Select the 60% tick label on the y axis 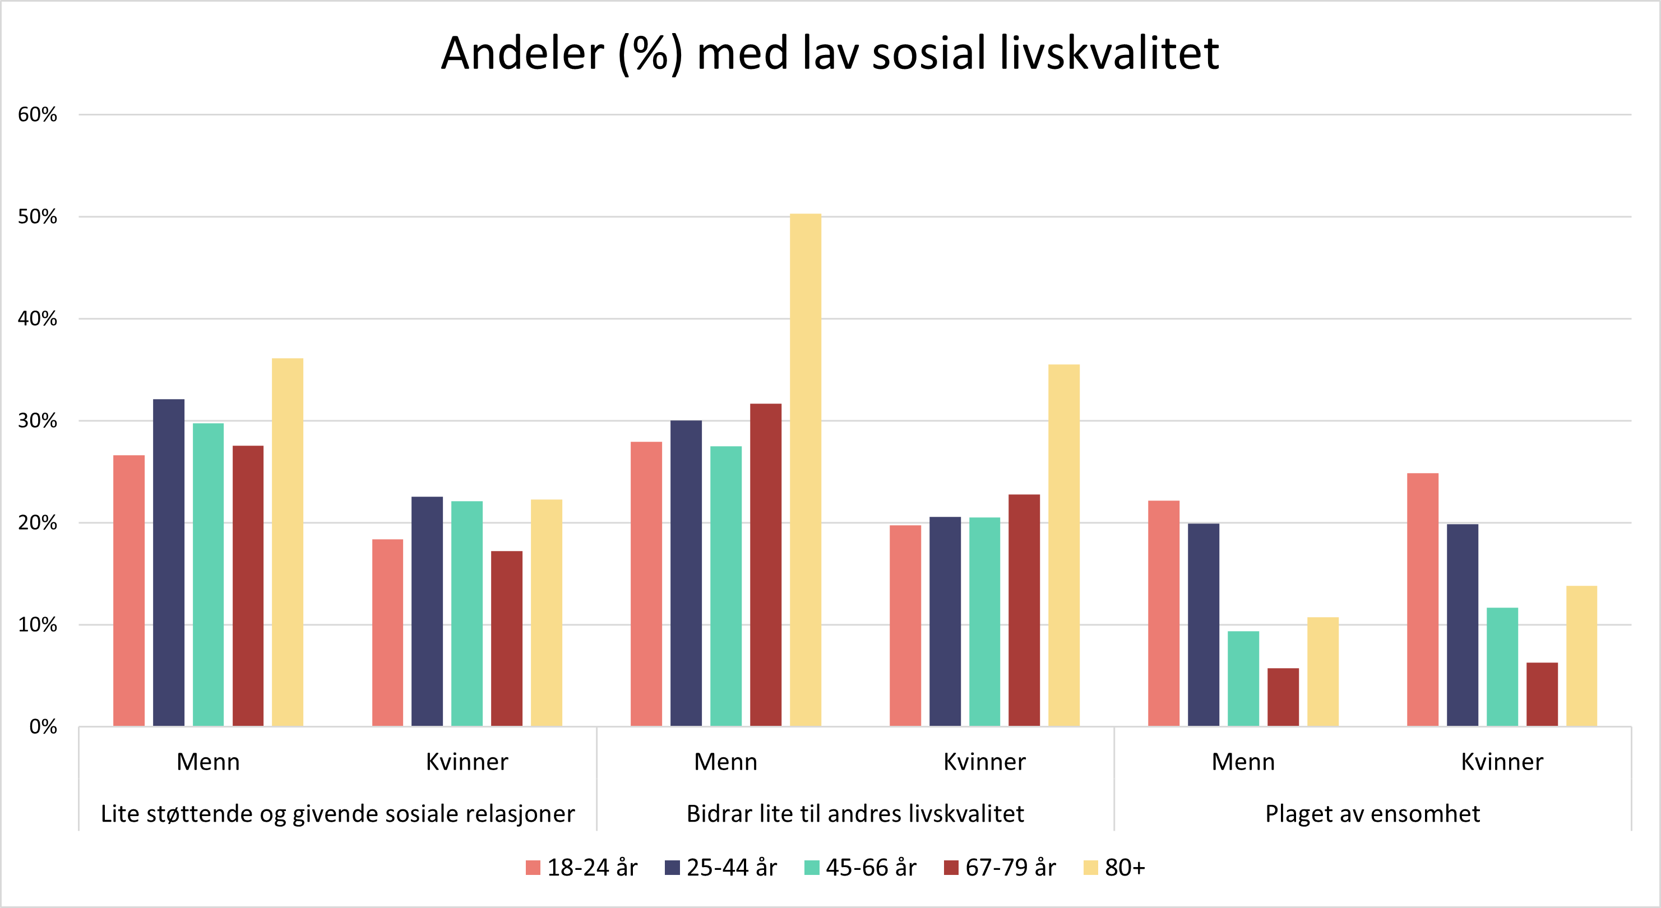pyautogui.click(x=38, y=115)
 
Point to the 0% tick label pyautogui.click(x=43, y=727)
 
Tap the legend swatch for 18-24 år pyautogui.click(x=533, y=868)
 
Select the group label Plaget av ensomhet pyautogui.click(x=1372, y=814)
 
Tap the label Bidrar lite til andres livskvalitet pyautogui.click(x=855, y=814)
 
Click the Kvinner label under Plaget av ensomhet pyautogui.click(x=1502, y=762)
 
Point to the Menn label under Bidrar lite pyautogui.click(x=725, y=762)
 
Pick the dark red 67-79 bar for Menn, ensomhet pyautogui.click(x=1283, y=697)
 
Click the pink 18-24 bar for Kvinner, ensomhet pyautogui.click(x=1422, y=600)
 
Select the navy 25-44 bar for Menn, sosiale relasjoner pyautogui.click(x=168, y=562)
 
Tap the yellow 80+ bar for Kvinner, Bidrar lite pyautogui.click(x=1064, y=545)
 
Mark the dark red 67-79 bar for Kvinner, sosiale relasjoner pyautogui.click(x=507, y=638)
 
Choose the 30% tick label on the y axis pyautogui.click(x=38, y=421)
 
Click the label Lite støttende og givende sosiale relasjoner pyautogui.click(x=337, y=814)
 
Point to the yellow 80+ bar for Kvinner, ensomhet pyautogui.click(x=1582, y=656)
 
